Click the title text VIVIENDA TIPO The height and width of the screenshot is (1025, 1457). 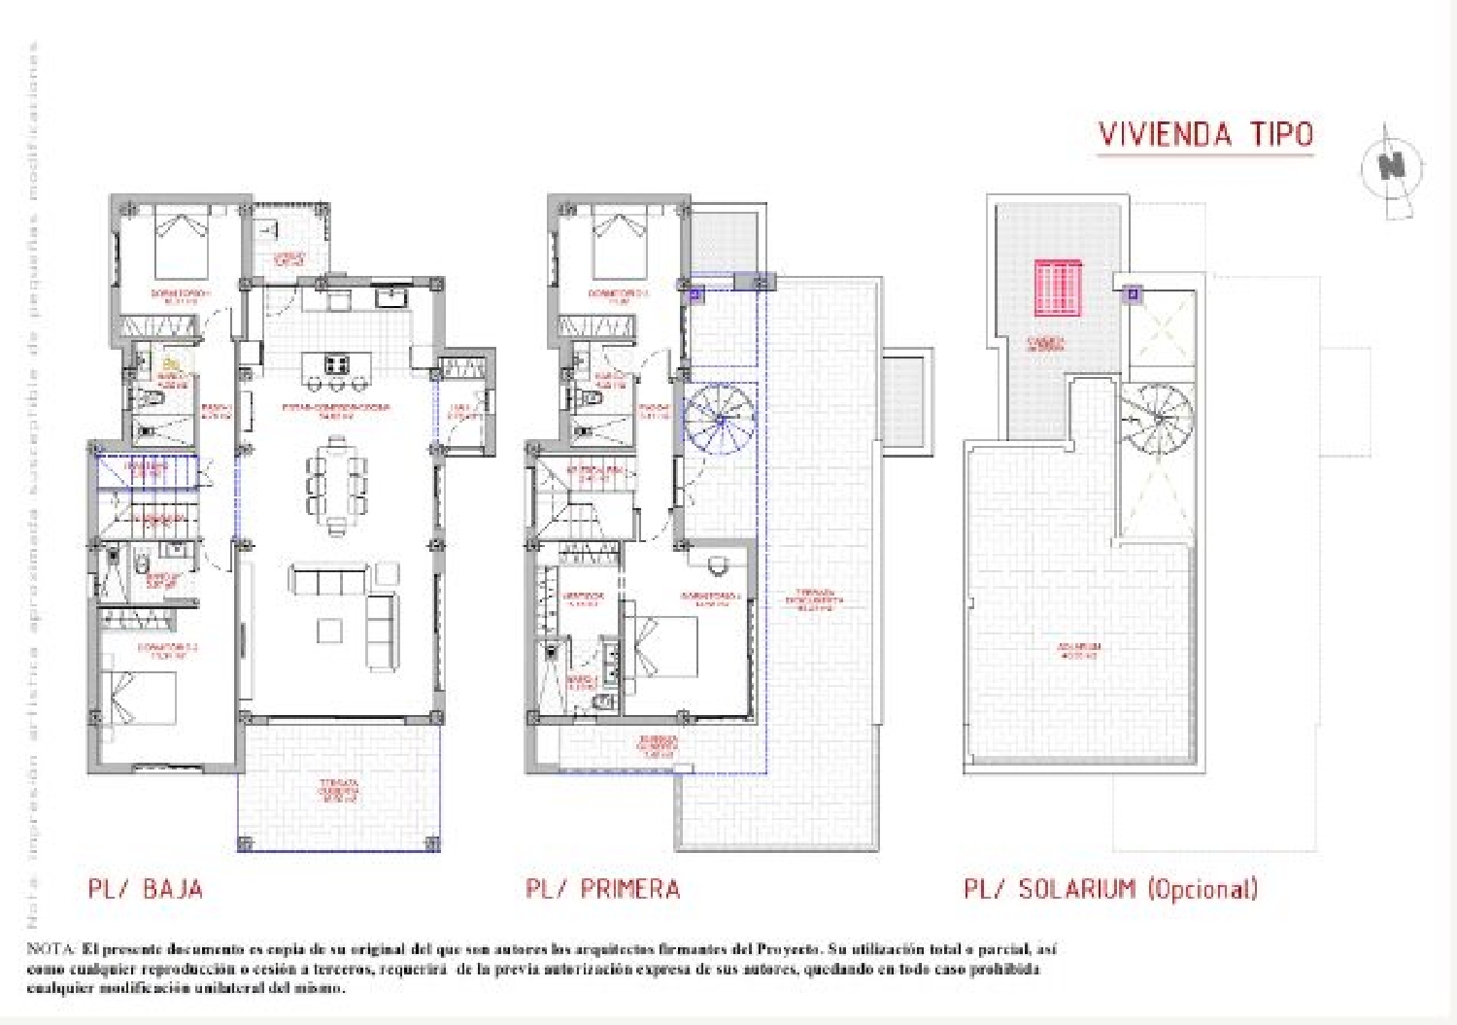tap(1205, 134)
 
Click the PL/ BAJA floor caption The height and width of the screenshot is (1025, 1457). tap(146, 888)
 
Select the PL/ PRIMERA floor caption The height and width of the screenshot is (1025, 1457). tap(602, 888)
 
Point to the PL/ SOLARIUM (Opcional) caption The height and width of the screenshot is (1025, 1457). tap(1110, 888)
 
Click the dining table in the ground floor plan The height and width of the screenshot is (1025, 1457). tap(337, 480)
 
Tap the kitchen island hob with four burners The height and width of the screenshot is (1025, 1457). tap(337, 365)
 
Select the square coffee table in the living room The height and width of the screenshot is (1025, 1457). tap(329, 631)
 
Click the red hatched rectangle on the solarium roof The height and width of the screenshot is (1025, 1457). tap(1057, 288)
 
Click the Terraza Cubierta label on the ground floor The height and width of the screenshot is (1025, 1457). tap(339, 790)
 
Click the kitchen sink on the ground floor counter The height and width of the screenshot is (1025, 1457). tap(393, 295)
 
